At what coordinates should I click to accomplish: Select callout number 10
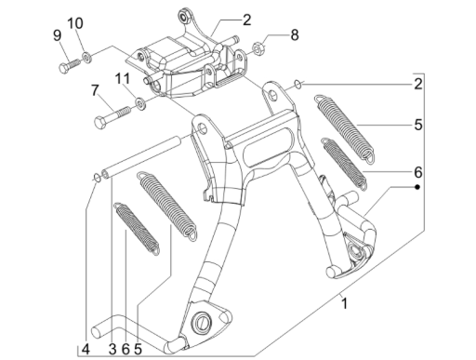(75, 22)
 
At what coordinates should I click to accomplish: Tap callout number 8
(294, 35)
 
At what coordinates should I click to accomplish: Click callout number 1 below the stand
(345, 302)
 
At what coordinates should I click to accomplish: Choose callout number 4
(85, 349)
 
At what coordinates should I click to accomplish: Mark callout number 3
(112, 349)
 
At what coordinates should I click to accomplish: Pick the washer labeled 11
(140, 101)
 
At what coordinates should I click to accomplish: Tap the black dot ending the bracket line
(417, 187)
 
